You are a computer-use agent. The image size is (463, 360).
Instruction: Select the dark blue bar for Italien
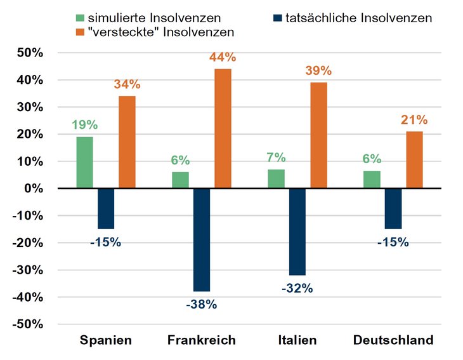click(x=297, y=231)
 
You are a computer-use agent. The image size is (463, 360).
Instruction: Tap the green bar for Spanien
click(x=84, y=163)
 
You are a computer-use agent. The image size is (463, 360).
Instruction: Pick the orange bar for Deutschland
click(x=414, y=159)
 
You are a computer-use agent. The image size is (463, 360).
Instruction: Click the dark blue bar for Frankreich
click(x=201, y=239)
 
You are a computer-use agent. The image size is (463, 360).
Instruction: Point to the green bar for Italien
click(x=276, y=178)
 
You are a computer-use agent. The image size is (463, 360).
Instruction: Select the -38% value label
click(x=201, y=305)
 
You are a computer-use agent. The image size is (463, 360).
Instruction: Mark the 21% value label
click(x=414, y=120)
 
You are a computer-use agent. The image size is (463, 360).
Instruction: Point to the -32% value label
click(x=297, y=288)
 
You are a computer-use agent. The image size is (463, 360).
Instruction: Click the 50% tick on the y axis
click(x=30, y=53)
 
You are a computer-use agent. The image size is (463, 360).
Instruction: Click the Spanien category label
click(x=106, y=340)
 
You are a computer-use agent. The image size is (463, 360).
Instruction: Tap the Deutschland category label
click(x=393, y=340)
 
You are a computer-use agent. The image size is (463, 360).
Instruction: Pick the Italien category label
click(x=297, y=340)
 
